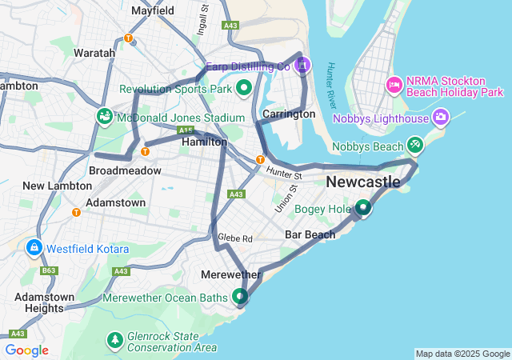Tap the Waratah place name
click(94, 53)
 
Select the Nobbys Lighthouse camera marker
click(440, 119)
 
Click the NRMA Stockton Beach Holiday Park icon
click(394, 84)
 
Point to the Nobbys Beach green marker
click(414, 145)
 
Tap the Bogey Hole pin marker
click(363, 208)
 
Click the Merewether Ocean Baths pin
click(241, 297)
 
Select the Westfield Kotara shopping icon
click(34, 248)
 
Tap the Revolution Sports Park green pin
click(244, 87)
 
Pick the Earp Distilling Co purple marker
click(303, 66)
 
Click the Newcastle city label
click(363, 182)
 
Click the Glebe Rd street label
click(235, 238)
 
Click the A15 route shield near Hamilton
click(186, 130)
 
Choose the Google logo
click(26, 350)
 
